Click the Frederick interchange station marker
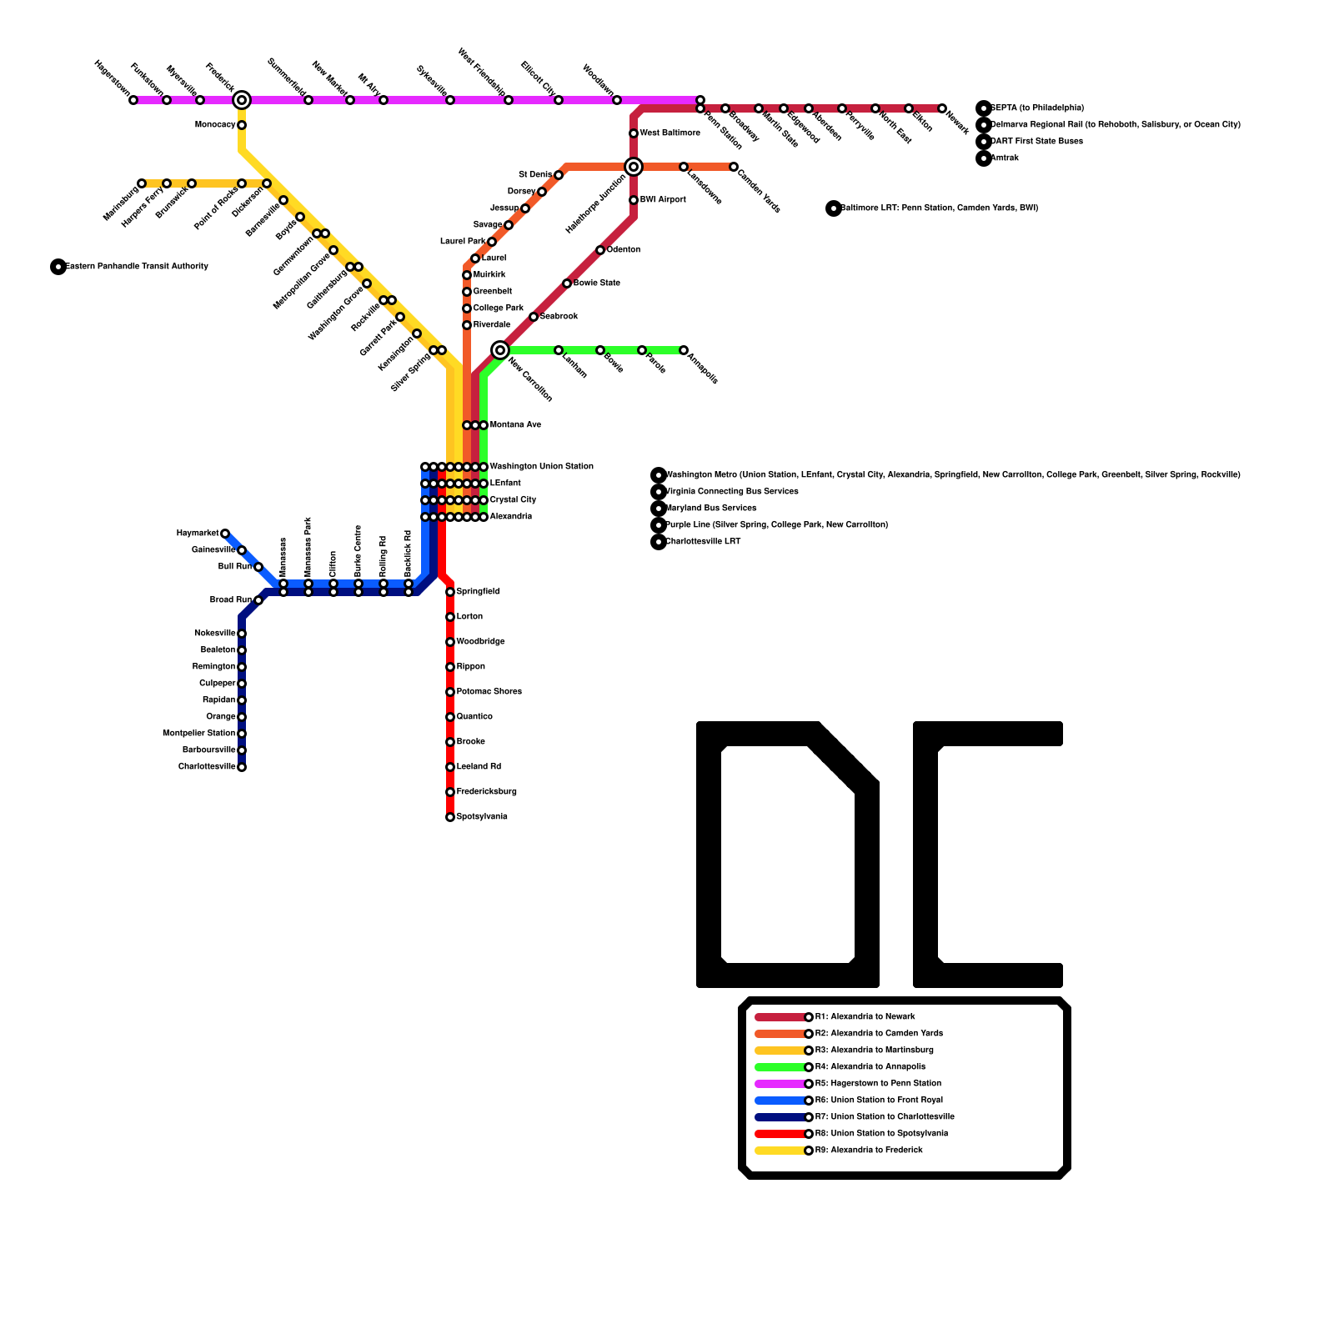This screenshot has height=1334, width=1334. coord(242,100)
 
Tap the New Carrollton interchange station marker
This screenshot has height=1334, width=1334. coord(500,350)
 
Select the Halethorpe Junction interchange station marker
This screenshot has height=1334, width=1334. coord(634,167)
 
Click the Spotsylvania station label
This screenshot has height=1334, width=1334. coord(482,817)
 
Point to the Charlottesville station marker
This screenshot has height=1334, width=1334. coord(242,767)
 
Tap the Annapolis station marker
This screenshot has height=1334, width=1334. coord(684,350)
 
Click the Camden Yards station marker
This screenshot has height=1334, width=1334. coord(734,167)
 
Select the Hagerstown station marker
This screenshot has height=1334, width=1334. coord(133,100)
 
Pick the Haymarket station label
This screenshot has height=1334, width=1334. coord(198,534)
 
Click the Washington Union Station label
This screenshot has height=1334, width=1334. coord(541,467)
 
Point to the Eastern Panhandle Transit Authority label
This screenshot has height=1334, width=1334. coord(137,267)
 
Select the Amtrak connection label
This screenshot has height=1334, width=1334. coord(1005,158)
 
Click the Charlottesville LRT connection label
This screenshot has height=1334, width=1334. coord(703,542)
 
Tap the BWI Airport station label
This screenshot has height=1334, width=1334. coord(663,200)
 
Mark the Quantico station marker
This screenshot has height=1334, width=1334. coord(450,717)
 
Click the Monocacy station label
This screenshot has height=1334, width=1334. coord(215,125)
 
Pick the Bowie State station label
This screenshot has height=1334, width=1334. coord(596,283)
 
